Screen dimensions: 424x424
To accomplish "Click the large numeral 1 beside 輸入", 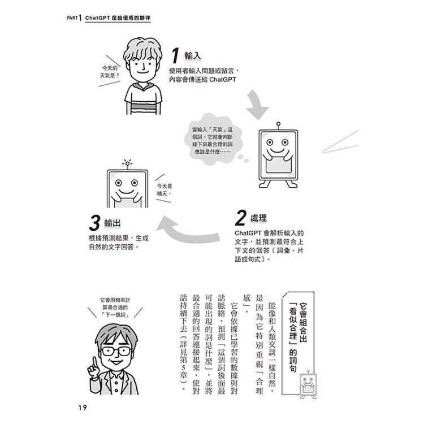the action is coord(175,56).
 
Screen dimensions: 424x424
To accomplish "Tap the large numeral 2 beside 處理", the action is coord(241,218).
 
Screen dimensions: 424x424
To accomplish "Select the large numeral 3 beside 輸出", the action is coord(94,223).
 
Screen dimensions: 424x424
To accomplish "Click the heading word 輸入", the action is coord(193,56).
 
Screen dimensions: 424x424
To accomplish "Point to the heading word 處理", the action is coord(258,218).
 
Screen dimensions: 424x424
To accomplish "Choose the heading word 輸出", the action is coord(113,223).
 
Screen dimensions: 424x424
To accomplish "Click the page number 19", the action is coord(83,408).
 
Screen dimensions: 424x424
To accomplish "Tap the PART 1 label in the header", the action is coord(74,18).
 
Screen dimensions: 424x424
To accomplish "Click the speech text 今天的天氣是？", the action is coord(109,72).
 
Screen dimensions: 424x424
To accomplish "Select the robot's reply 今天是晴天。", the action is coord(165,190).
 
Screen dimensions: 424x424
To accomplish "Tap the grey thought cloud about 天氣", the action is coord(213,140).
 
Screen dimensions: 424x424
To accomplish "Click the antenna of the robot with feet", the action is coord(278,126).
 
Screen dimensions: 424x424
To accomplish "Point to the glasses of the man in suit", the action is coord(116,351).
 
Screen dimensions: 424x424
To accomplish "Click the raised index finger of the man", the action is coord(94,362).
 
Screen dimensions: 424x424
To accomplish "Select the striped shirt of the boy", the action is coord(143,99).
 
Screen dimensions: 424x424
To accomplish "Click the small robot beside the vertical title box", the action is coord(308,384).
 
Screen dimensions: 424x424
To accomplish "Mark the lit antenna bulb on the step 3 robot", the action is coord(127,163).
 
